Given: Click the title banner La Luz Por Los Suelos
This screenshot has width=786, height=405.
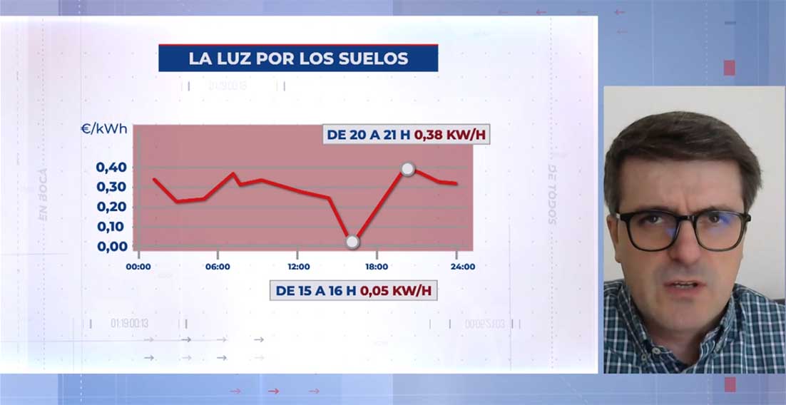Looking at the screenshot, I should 298,58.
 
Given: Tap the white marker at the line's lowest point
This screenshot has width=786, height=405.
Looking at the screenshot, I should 352,242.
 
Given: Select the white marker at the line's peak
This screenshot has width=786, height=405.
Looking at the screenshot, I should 407,169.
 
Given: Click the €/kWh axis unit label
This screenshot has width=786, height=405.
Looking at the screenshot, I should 104,129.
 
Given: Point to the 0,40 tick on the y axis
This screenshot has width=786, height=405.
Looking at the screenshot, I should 111,168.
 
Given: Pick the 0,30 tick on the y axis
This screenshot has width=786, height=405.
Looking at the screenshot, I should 111,187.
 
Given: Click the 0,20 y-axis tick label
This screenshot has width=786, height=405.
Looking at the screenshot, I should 111,207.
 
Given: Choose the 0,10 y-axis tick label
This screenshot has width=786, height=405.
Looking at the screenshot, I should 111,227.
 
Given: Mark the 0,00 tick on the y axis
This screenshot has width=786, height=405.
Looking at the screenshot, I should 111,247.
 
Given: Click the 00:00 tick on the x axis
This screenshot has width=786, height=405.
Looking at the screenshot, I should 138,267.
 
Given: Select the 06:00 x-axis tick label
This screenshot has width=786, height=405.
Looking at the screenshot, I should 218,267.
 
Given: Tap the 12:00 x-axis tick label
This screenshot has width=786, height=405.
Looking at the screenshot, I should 298,267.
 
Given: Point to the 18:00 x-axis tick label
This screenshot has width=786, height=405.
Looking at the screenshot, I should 377,267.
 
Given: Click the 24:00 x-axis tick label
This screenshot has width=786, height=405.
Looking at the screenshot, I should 463,267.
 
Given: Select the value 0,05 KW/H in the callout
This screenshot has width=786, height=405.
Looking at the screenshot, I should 398,291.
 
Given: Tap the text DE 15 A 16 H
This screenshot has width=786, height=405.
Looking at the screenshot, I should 317,291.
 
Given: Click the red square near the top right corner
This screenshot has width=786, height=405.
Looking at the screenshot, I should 729,68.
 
